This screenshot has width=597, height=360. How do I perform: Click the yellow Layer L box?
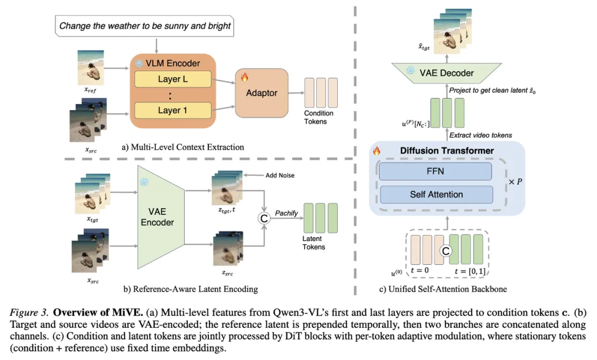pos(173,79)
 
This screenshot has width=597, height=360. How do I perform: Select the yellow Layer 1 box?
pos(173,111)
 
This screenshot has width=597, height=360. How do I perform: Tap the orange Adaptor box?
pos(261,93)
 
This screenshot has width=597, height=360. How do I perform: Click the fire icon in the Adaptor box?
pos(244,77)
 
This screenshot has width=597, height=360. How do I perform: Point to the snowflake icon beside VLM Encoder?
pos(139,63)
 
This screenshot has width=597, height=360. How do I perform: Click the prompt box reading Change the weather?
pos(145,26)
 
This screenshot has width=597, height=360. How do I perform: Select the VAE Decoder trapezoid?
pos(447,73)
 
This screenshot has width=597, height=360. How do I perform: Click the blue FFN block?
pos(435,171)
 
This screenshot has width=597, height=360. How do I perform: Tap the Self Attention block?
pos(436,195)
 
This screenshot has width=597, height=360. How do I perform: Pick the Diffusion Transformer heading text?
pos(447,151)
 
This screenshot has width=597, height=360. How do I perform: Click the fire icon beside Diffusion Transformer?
pos(376,150)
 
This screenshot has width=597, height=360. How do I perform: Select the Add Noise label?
pos(280,175)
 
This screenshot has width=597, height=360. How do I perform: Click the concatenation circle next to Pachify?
pos(264,218)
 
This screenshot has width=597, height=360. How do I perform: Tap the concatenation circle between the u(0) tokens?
pos(446,251)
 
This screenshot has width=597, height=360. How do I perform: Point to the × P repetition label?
pos(515,182)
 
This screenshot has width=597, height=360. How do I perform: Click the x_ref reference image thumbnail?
pos(91,67)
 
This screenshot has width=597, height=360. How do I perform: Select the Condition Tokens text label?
pos(318,117)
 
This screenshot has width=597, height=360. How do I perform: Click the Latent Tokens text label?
pos(314,243)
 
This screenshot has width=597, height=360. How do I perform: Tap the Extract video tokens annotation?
pos(480,135)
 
